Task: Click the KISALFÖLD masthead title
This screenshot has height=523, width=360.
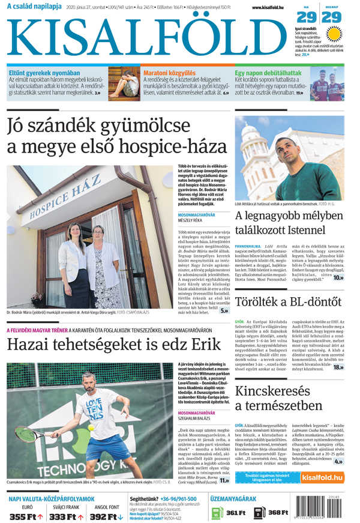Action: tap(144, 37)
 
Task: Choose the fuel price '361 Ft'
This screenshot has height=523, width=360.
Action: tap(236, 513)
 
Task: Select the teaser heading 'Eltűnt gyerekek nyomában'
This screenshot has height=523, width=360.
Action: tap(44, 73)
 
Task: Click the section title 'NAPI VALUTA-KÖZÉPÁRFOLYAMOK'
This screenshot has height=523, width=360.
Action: tap(52, 498)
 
